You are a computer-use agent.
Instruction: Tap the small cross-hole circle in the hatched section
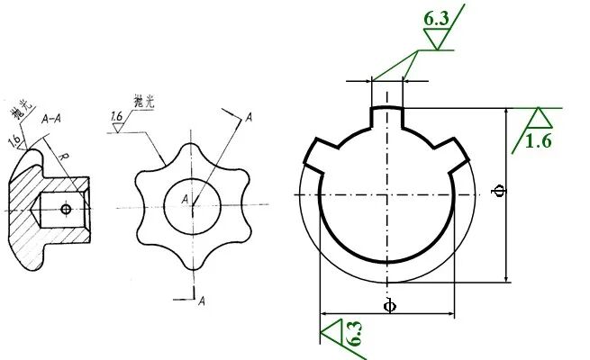pos(66,210)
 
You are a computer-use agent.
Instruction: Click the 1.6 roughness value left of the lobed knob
pos(117,117)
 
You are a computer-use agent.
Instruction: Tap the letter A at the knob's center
pos(185,198)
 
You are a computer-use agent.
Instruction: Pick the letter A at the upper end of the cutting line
pos(249,117)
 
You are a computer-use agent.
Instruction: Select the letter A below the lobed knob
pos(202,299)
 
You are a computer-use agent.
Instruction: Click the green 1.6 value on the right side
pos(539,140)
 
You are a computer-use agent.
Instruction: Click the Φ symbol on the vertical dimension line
pos(501,190)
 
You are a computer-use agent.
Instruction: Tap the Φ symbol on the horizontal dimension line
pos(388,306)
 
